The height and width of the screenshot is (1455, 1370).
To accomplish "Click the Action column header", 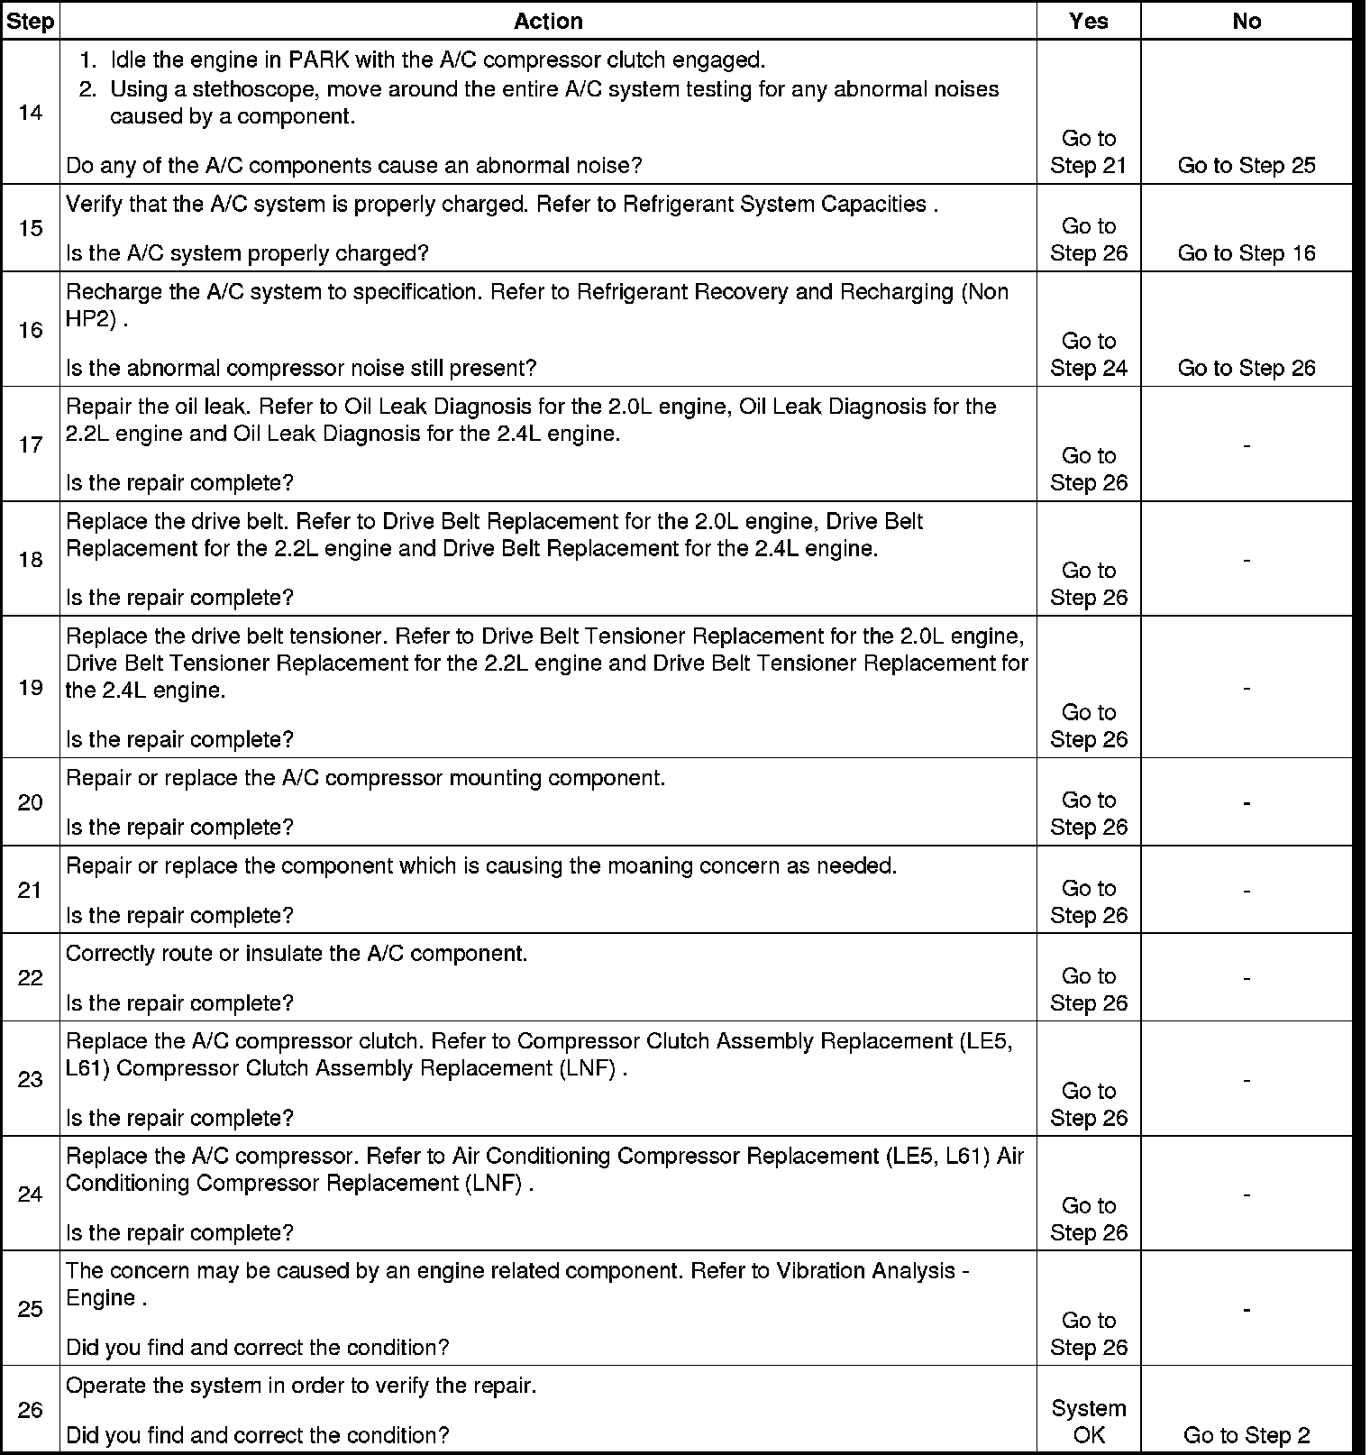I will [548, 22].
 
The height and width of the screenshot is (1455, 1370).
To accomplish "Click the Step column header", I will [30, 22].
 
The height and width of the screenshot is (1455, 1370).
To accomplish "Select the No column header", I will [1247, 22].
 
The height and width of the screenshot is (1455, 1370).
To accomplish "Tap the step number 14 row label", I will [30, 114].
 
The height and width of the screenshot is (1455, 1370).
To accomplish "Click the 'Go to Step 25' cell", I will [1247, 166].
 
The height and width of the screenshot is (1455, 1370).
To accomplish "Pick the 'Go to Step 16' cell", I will [1247, 253].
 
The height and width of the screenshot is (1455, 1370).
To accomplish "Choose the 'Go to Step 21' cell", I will [1089, 152].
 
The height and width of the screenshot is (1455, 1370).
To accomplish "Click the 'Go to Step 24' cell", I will [1089, 354].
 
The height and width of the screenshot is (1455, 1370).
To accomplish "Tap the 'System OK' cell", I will [1089, 1422].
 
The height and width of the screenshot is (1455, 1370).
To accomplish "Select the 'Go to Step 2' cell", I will [1247, 1435].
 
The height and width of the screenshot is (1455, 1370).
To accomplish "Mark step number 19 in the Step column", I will [30, 688].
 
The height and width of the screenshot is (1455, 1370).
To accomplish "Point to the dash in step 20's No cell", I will [1247, 802].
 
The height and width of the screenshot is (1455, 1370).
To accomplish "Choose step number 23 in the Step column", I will [30, 1079].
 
